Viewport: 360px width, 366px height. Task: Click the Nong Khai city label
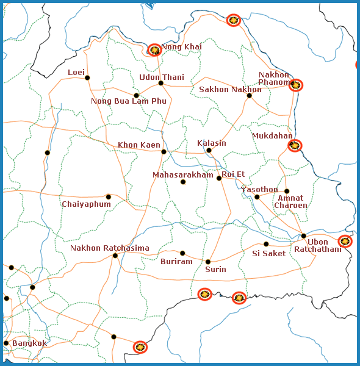[181, 47]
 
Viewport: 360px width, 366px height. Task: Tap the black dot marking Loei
[87, 77]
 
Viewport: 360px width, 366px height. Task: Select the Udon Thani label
[161, 77]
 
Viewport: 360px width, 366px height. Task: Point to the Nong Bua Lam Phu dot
[136, 95]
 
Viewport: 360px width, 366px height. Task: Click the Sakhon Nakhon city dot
[249, 95]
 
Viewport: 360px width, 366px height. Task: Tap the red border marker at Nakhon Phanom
[296, 85]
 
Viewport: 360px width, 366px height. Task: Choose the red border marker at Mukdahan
[295, 145]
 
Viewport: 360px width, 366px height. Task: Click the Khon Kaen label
[139, 145]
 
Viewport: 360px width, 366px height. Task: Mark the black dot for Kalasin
[209, 150]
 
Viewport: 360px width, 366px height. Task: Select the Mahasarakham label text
[183, 175]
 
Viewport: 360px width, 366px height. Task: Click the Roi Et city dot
[219, 178]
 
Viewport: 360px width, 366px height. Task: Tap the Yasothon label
[259, 190]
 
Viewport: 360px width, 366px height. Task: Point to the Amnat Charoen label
[290, 202]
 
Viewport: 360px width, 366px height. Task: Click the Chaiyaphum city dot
[109, 196]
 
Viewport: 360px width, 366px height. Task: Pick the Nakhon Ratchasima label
[110, 248]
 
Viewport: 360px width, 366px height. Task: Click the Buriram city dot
[182, 253]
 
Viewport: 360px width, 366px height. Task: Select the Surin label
[215, 269]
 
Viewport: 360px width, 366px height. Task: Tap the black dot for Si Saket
[266, 244]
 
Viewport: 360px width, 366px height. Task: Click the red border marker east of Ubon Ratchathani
[345, 241]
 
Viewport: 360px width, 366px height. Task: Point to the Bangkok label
[29, 343]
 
